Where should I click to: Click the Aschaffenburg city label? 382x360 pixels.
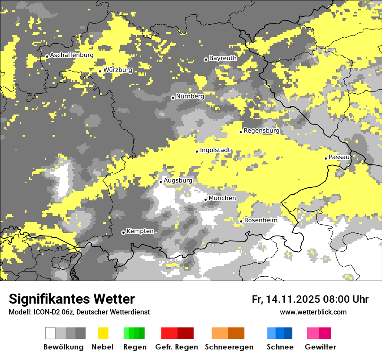[x=72, y=55]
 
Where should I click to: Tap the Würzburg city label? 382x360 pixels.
[x=118, y=70]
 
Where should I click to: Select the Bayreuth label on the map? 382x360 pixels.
[x=223, y=58]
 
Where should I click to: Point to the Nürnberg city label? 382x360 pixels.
[x=190, y=96]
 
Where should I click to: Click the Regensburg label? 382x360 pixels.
[x=261, y=130]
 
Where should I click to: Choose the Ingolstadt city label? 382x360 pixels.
[x=215, y=150]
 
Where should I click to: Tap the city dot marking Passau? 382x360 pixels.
[x=326, y=158]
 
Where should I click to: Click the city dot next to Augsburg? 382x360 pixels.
[x=161, y=182]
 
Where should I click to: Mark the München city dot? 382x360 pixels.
[x=206, y=200]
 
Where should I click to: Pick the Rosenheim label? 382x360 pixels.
[x=260, y=220]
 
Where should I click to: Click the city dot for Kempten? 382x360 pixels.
[x=123, y=232]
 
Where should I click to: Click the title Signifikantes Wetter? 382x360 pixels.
[x=72, y=299]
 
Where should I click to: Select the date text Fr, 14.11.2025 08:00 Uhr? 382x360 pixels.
[x=310, y=299]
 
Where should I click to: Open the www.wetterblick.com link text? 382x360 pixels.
[x=313, y=312]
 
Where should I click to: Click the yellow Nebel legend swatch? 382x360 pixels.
[x=103, y=333]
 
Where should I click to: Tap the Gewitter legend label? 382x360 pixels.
[x=320, y=347]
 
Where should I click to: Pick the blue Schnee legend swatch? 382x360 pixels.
[x=280, y=333]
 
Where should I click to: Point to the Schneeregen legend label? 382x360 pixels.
[x=229, y=347]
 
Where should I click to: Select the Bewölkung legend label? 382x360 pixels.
[x=63, y=347]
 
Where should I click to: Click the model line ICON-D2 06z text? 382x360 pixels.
[x=79, y=312]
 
